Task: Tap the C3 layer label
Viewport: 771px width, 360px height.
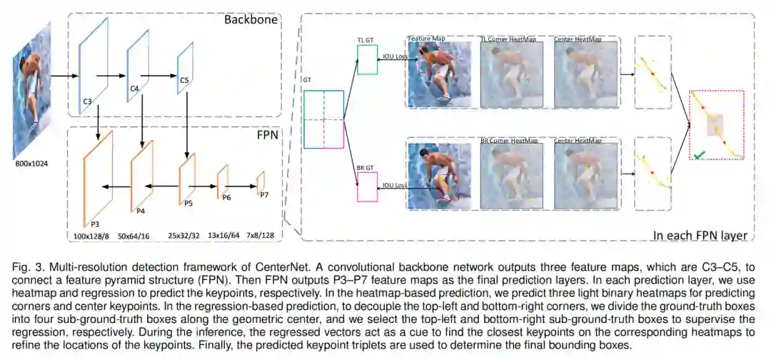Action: point(86,101)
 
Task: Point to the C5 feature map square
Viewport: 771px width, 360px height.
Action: point(186,68)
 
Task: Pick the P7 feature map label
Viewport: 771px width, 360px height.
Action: point(264,194)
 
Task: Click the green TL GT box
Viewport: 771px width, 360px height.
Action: point(367,60)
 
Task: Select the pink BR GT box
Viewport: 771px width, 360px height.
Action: point(367,187)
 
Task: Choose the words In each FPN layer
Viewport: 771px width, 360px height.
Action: point(700,235)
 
